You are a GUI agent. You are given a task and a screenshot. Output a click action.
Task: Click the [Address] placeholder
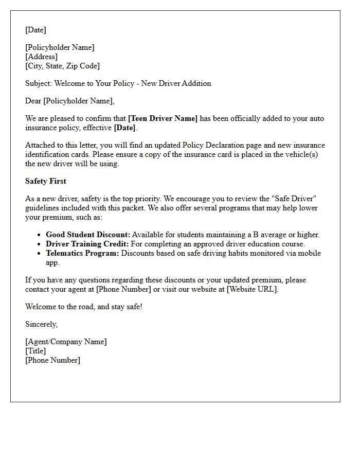(41, 57)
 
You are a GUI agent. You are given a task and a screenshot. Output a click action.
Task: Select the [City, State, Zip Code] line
(62, 66)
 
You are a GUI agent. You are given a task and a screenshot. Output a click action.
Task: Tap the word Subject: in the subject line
(39, 83)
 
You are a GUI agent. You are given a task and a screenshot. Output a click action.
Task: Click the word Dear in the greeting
(33, 101)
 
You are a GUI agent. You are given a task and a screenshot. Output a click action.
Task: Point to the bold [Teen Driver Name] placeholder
(163, 118)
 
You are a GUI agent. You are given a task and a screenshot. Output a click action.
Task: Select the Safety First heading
(46, 181)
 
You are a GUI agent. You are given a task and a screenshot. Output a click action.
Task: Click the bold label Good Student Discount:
(88, 235)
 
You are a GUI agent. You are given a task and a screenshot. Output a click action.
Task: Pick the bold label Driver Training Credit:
(87, 244)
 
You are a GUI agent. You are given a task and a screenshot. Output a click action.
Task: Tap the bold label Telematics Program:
(82, 253)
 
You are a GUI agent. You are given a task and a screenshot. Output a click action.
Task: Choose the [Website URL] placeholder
(253, 289)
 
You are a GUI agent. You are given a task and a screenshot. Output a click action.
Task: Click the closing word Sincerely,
(42, 324)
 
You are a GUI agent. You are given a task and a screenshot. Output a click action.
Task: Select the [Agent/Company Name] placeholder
(66, 342)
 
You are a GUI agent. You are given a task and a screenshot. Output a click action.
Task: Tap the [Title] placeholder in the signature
(35, 351)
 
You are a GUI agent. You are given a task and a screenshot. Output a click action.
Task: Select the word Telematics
(64, 253)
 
